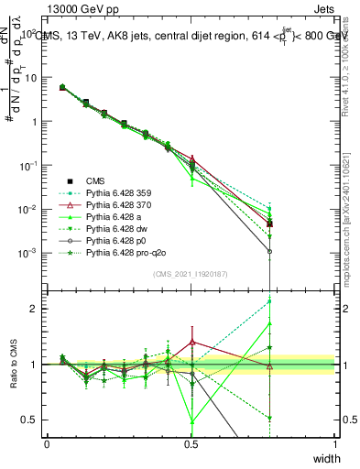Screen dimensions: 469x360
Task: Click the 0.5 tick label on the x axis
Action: pyautogui.click(x=191, y=444)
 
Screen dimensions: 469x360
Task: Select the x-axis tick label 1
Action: pyautogui.click(x=334, y=444)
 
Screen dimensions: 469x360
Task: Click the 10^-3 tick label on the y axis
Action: pyautogui.click(x=27, y=253)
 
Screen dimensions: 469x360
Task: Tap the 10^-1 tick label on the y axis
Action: pyautogui.click(x=27, y=166)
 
